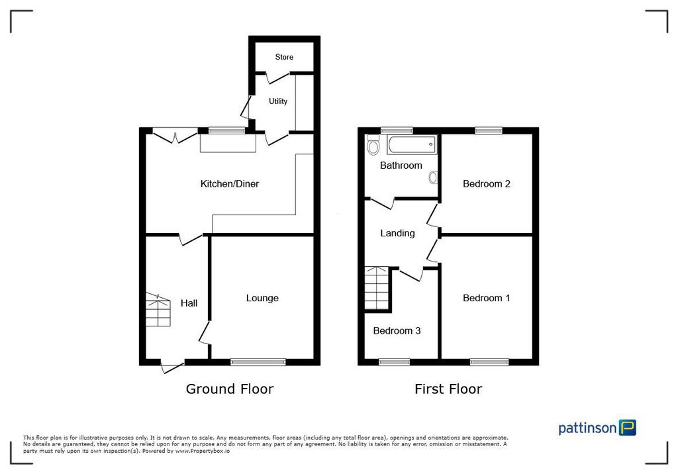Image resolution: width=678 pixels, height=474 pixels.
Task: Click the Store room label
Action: (284, 57)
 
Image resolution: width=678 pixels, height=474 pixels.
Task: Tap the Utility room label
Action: (278, 101)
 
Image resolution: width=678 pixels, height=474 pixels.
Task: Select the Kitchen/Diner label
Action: (230, 183)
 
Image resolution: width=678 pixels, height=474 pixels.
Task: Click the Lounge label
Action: (262, 298)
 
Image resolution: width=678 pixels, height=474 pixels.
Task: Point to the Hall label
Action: (189, 303)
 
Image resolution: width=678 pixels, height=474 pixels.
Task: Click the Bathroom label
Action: (401, 166)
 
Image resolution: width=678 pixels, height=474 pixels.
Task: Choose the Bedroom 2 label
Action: (486, 183)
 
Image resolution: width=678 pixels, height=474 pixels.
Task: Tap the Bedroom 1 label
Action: (486, 298)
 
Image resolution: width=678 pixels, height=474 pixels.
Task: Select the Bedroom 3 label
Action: (397, 330)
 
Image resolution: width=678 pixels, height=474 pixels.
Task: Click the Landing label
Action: (397, 233)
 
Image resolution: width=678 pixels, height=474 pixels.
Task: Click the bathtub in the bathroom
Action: (411, 143)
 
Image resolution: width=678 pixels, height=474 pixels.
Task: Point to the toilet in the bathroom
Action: (373, 145)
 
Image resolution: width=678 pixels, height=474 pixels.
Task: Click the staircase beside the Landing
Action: (377, 288)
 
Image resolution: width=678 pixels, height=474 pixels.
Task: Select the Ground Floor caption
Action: (229, 389)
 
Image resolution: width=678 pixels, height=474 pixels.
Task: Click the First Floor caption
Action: (448, 389)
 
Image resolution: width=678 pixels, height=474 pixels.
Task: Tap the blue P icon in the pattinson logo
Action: (627, 427)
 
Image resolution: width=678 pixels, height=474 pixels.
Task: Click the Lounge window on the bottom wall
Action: (258, 362)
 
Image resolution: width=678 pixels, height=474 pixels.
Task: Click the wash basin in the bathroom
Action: (434, 177)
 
